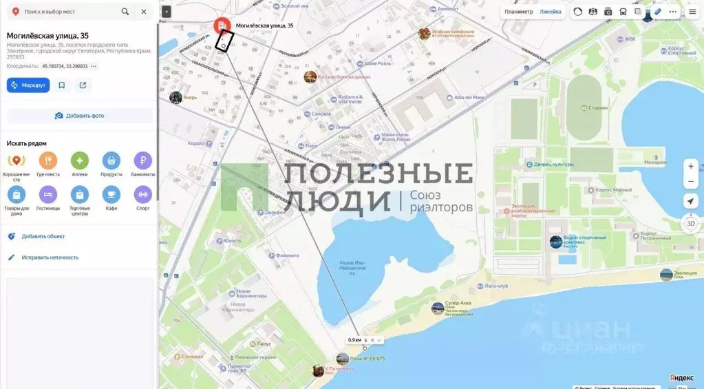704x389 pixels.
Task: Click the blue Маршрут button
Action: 28,85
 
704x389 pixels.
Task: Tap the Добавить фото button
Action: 80,116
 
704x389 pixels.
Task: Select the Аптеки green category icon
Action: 80,161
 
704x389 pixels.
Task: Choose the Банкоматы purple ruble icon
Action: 142,161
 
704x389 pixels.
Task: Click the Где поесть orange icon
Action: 48,161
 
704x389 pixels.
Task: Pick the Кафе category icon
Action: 111,195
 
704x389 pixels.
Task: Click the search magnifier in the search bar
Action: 125,12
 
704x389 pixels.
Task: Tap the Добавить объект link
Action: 43,236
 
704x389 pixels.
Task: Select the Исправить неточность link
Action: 50,257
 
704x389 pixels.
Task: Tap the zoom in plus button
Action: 691,166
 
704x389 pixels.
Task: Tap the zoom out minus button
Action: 691,182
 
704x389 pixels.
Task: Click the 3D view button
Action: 691,224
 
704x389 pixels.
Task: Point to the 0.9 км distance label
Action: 354,340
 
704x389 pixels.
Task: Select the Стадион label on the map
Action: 598,107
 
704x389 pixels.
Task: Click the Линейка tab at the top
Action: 550,12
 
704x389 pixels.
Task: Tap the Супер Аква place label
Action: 457,303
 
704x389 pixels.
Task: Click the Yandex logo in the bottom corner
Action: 681,378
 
